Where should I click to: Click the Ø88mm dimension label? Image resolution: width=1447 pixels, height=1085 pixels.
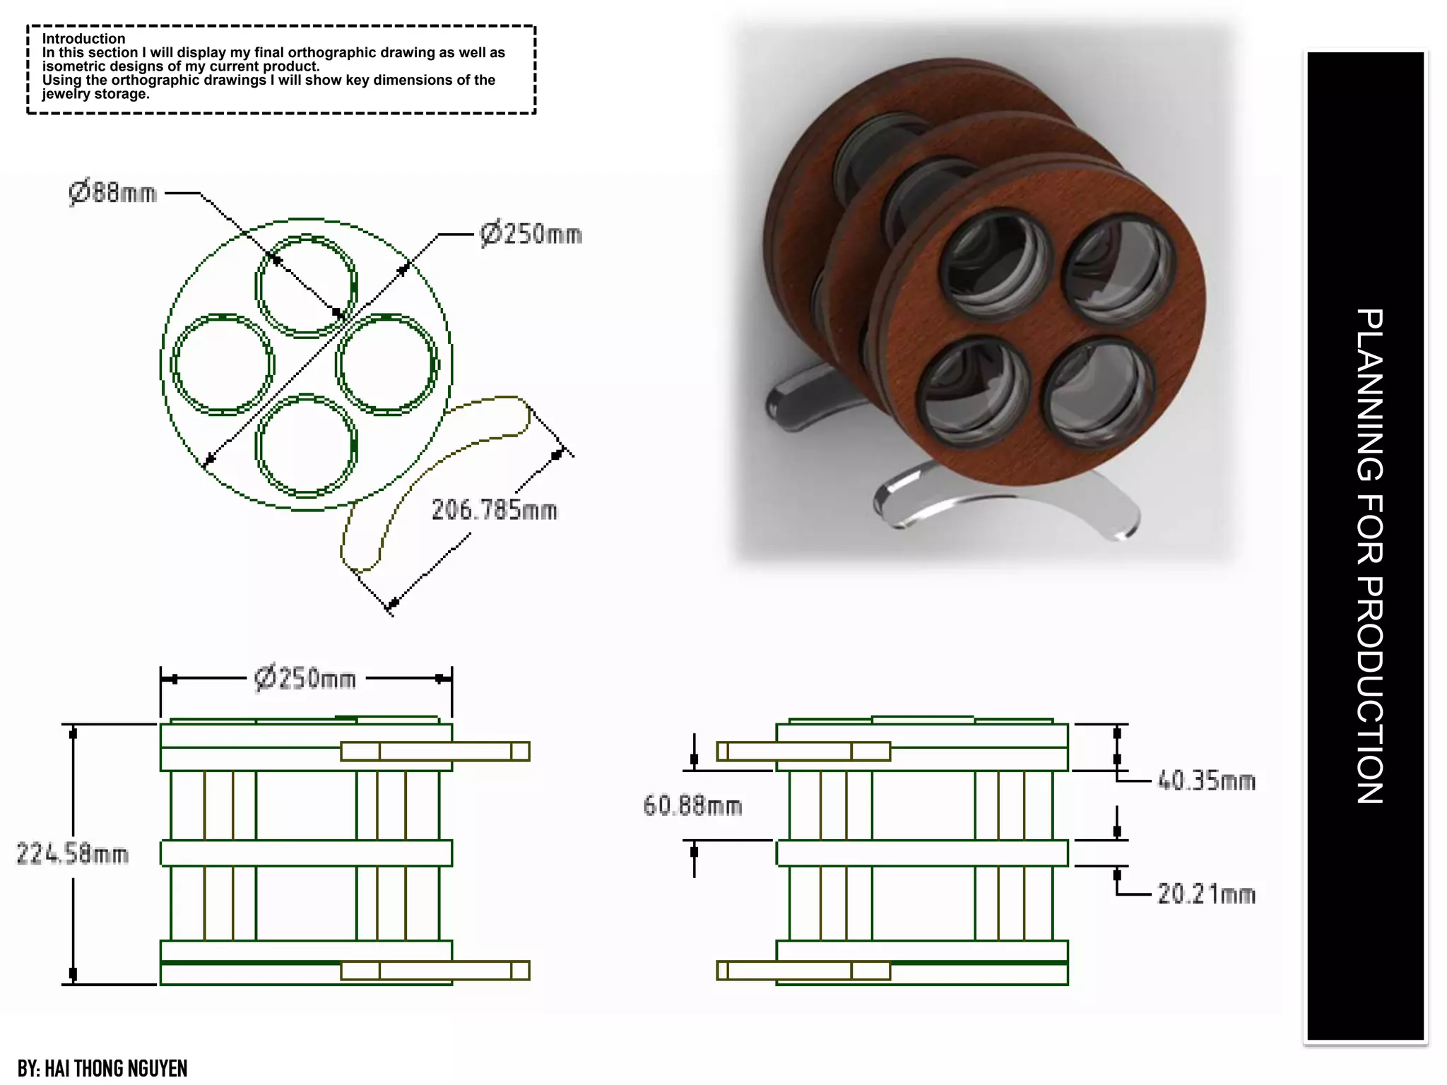(113, 192)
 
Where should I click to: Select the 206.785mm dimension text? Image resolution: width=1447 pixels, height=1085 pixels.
(494, 510)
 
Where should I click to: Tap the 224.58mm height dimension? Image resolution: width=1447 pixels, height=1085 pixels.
(72, 854)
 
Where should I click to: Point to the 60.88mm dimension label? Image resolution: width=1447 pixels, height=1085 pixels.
(692, 806)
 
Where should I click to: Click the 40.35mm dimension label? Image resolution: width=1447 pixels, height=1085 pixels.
(1206, 781)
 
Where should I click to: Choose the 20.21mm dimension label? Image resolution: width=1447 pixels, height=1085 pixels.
(1206, 894)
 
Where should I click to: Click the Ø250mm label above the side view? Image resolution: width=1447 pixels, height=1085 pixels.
(305, 679)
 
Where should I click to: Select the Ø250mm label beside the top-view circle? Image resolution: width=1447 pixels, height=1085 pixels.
(531, 234)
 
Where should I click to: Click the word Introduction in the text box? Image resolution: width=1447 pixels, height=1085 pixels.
(83, 39)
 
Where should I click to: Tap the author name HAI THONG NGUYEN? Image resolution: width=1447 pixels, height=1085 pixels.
(116, 1068)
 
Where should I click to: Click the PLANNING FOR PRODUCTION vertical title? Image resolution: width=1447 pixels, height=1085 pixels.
(1369, 556)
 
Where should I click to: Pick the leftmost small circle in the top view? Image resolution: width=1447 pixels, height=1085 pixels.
(223, 364)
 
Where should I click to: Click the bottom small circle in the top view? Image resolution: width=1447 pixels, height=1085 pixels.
(306, 445)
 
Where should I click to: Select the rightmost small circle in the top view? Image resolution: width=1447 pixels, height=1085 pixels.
(387, 364)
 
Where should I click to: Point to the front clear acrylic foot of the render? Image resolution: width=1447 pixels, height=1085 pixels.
(1003, 506)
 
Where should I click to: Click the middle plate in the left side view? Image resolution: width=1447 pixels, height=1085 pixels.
(306, 853)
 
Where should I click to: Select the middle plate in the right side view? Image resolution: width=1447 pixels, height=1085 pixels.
(922, 853)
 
